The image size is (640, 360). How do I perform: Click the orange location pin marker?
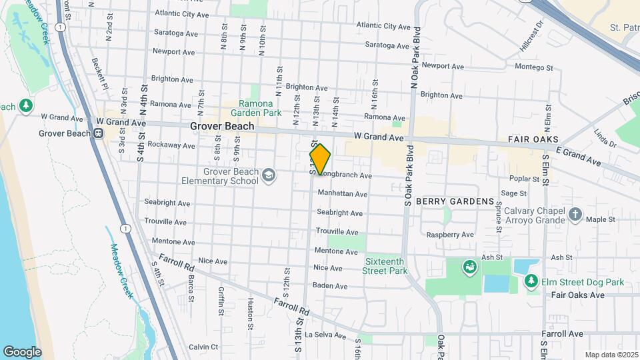320,159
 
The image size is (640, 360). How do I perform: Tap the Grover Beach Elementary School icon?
268,175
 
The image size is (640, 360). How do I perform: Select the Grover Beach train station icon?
98,133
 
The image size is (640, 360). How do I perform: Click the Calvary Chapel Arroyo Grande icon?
575,215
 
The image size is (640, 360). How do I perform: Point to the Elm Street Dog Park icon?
531,282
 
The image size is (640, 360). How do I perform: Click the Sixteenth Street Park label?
385,267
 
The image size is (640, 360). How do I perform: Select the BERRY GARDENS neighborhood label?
455,201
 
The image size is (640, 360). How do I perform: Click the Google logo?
22,351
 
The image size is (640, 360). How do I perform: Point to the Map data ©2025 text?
610,355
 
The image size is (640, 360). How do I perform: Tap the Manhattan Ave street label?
343,194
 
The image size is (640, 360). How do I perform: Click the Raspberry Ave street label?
450,235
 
